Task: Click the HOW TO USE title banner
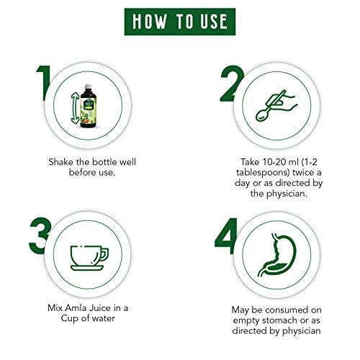180,22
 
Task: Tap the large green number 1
44,83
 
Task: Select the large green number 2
231,83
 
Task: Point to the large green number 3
40,235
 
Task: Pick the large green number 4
226,235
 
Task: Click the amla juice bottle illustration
88,106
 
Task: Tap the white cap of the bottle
89,86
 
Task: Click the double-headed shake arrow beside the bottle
75,108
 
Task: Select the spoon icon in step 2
271,107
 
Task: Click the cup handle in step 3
104,254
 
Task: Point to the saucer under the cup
87,268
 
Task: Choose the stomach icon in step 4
277,255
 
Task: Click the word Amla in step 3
76,308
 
